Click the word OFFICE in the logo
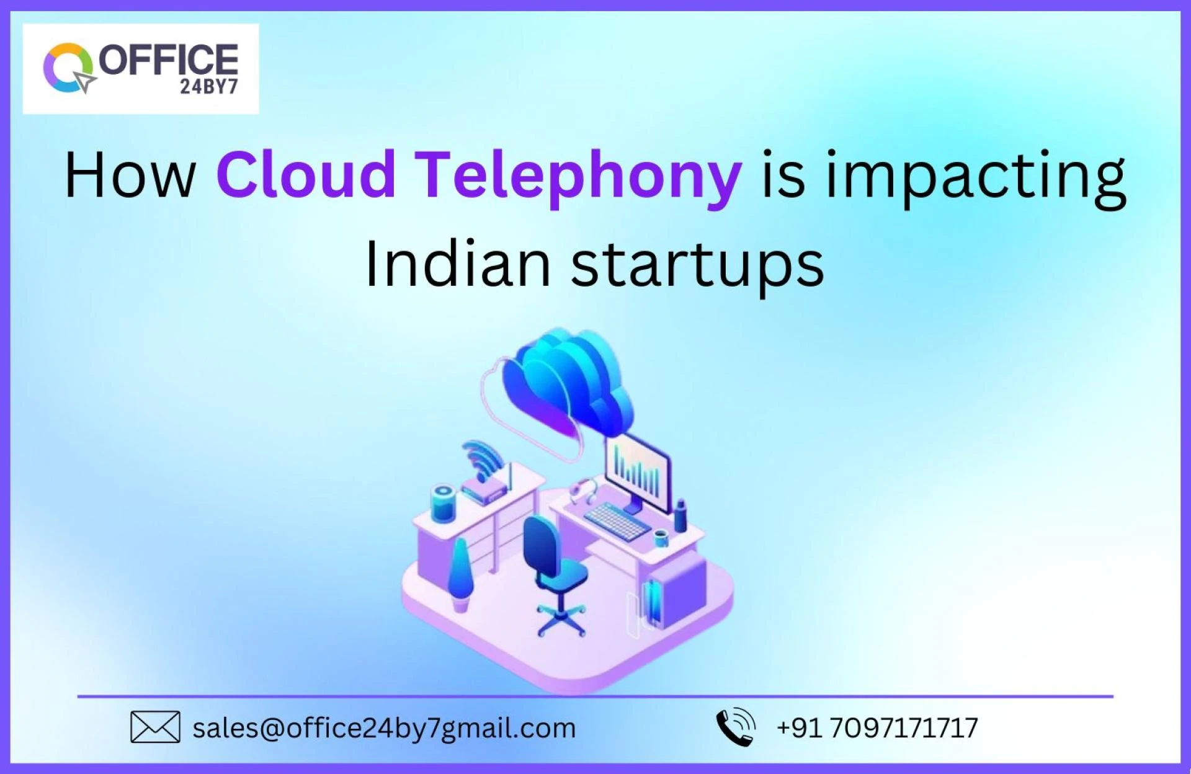pyautogui.click(x=168, y=60)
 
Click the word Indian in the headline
pyautogui.click(x=457, y=265)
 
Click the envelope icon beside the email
pyautogui.click(x=155, y=727)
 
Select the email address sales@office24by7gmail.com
pyautogui.click(x=384, y=728)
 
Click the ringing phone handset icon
pyautogui.click(x=736, y=727)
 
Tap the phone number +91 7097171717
pyautogui.click(x=877, y=728)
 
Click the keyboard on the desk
pyautogui.click(x=617, y=521)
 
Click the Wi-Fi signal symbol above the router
pyautogui.click(x=483, y=459)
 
